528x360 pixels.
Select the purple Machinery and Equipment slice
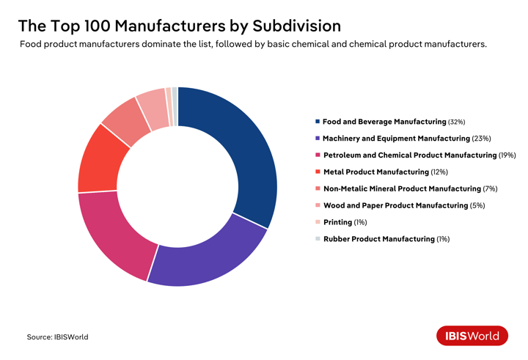click(209, 253)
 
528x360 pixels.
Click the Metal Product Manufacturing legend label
click(375, 172)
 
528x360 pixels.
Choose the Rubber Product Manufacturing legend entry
click(378, 239)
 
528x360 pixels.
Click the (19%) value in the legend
click(507, 155)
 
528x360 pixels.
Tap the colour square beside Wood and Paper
click(317, 206)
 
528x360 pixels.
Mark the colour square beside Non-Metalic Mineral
click(317, 189)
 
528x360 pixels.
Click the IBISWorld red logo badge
click(472, 336)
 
